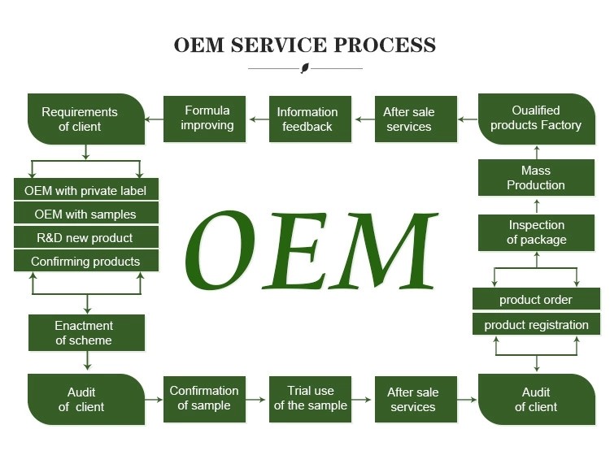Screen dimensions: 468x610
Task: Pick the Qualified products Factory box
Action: [536, 119]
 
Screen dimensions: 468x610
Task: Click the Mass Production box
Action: [536, 178]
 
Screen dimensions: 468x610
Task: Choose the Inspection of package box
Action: [536, 232]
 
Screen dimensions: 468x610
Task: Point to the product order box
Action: [536, 300]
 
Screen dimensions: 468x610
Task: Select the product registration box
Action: [536, 325]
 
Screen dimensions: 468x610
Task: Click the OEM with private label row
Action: [85, 191]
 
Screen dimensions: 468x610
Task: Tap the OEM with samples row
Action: [85, 214]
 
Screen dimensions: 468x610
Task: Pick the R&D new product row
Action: [85, 238]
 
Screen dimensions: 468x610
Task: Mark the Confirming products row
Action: [85, 262]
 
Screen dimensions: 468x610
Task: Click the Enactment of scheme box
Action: [85, 333]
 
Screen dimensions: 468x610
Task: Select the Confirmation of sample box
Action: [204, 398]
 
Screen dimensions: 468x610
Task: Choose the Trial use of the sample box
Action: [310, 398]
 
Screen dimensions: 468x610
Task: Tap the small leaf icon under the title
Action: [305, 68]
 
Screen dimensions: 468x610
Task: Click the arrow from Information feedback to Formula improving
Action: [257, 119]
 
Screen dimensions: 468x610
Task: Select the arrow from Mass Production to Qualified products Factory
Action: [536, 152]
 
